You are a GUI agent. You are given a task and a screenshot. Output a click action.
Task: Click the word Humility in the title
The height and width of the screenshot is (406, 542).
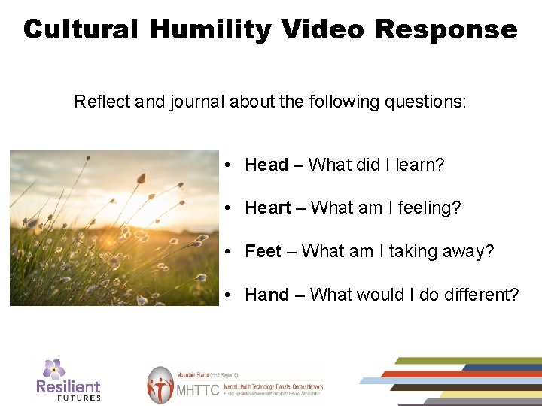[x=210, y=29]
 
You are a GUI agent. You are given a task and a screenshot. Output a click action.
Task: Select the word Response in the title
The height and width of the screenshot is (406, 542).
[x=446, y=29]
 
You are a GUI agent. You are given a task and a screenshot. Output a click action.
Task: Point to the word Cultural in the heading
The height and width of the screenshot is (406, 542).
[x=81, y=29]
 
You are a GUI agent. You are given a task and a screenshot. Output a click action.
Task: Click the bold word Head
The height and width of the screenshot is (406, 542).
[x=266, y=165]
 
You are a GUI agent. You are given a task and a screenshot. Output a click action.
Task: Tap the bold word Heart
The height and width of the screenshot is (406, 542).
[x=267, y=208]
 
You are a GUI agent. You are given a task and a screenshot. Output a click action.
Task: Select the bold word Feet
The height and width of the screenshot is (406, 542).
[x=263, y=251]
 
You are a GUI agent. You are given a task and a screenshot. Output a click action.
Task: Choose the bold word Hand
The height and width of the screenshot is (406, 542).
[x=266, y=295]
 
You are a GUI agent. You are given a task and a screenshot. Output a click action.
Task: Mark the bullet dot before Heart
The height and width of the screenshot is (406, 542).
[x=227, y=208]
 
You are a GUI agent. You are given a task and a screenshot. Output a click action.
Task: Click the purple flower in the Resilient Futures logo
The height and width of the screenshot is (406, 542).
[x=53, y=368]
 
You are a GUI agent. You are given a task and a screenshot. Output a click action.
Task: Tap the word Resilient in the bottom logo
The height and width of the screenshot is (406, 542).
[x=69, y=386]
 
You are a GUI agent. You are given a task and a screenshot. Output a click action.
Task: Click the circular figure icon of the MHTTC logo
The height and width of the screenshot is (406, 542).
[x=160, y=386]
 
